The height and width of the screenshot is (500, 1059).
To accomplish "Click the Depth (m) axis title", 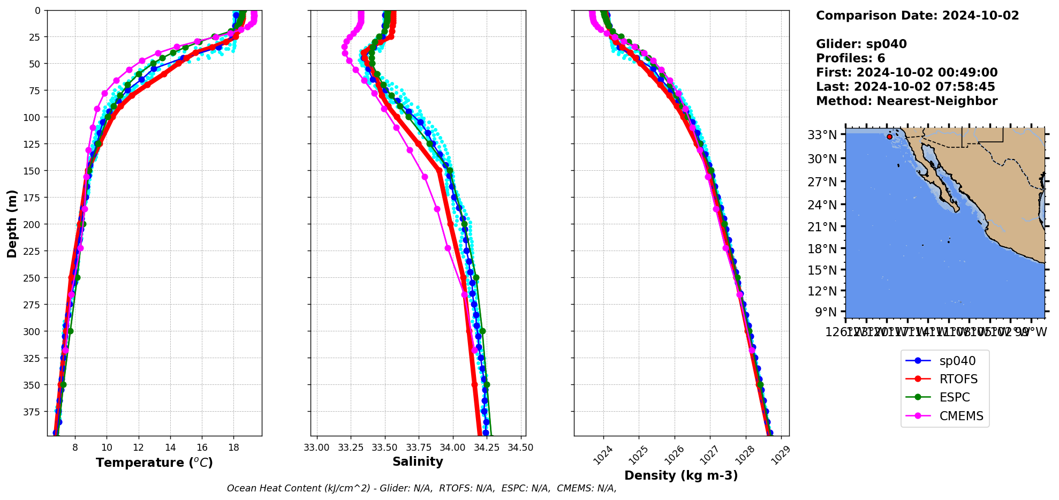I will [12, 223].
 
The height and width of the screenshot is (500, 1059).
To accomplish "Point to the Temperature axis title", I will [154, 463].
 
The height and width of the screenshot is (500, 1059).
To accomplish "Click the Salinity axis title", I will [418, 461].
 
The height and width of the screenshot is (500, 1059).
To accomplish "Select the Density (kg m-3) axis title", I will [681, 475].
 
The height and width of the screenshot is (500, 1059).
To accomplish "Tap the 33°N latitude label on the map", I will [822, 135].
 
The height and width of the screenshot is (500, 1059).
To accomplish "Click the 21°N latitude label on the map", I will [822, 227].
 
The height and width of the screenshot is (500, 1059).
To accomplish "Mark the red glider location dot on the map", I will [889, 137].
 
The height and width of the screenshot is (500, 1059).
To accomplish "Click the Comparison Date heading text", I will [917, 16].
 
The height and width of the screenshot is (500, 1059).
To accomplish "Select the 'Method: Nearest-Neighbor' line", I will [906, 101].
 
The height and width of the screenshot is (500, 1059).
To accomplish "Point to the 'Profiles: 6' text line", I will [850, 58].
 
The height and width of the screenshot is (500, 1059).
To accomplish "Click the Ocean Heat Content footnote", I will [421, 488].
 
